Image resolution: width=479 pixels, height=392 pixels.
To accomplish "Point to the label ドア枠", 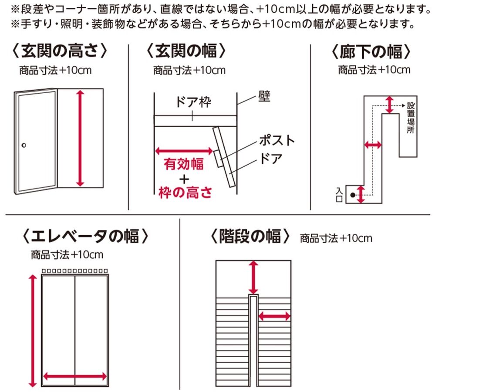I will [193, 103].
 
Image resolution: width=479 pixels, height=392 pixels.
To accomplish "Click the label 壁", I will [264, 97].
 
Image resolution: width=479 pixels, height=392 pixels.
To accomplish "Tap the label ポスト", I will [277, 140].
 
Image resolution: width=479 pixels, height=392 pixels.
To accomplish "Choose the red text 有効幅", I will [183, 164].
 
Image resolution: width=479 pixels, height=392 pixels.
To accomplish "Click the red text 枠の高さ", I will [185, 192].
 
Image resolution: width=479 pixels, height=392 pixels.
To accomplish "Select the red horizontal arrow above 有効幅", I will [183, 151].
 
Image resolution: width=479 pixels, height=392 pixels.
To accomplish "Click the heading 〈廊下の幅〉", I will [371, 52].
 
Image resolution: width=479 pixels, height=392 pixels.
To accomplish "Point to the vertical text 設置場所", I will [411, 118].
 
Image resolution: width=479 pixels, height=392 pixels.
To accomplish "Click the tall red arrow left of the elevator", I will [32, 331].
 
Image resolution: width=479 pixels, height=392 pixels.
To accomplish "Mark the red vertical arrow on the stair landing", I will [253, 277].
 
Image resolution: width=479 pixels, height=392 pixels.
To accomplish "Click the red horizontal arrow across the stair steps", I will [274, 316].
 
